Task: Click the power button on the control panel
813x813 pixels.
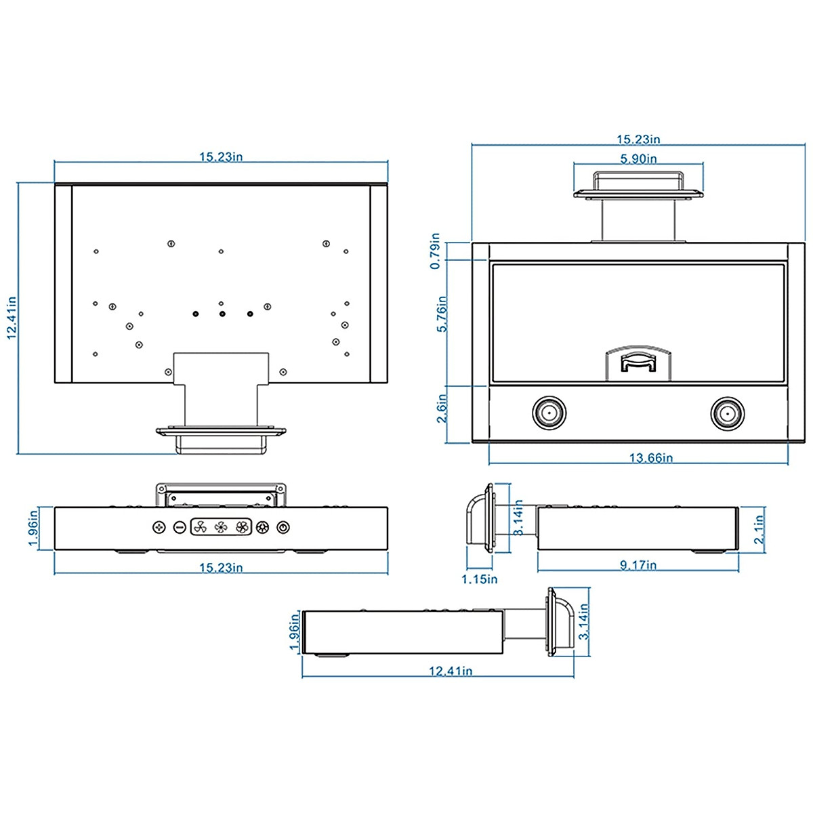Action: coord(283,527)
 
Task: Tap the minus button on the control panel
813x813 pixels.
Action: coord(180,527)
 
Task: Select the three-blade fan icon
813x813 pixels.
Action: coord(200,527)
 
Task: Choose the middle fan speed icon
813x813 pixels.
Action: coord(221,527)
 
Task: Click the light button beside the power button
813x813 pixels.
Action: coord(262,527)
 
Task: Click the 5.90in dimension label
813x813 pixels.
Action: coord(638,159)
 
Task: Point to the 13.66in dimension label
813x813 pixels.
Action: coord(651,458)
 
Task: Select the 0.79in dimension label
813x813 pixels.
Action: coord(436,251)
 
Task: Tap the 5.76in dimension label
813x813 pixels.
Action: coord(442,314)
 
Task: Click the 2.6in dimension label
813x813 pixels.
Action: coord(441,409)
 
